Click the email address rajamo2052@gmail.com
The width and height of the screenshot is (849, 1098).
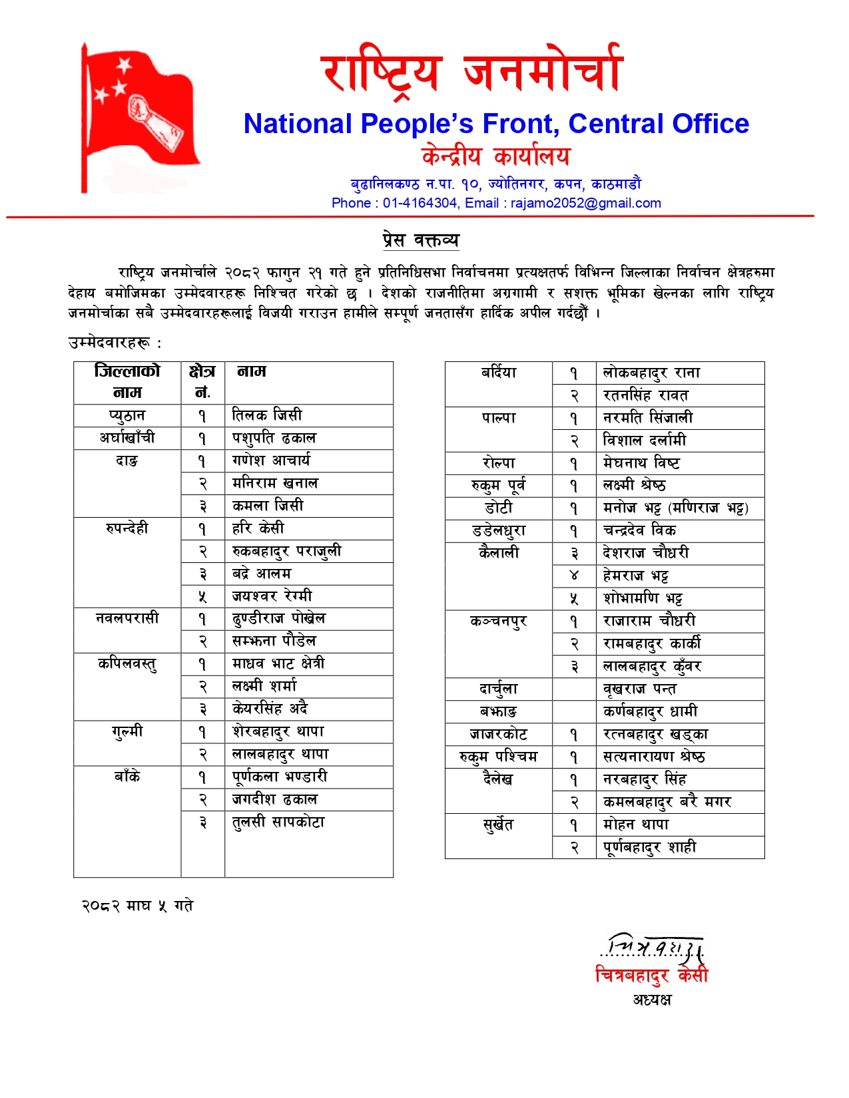(x=585, y=203)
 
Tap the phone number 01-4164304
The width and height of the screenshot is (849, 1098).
(x=420, y=203)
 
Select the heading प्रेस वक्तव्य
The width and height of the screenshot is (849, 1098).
(x=421, y=240)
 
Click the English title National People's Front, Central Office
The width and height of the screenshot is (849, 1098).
(x=496, y=124)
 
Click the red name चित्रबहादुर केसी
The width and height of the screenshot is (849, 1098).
(x=651, y=975)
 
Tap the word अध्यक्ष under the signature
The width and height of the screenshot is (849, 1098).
(x=652, y=1000)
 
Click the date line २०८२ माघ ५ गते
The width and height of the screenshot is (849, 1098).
(x=137, y=906)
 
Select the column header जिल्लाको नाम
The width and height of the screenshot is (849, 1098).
(x=127, y=381)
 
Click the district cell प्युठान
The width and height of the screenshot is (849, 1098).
(x=127, y=415)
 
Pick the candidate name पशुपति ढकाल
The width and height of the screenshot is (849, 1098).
(x=274, y=438)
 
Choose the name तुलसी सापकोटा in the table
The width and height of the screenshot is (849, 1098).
(x=278, y=823)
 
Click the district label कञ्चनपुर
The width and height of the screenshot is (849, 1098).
(x=498, y=621)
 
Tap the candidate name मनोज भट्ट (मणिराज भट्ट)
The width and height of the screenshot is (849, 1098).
(x=675, y=508)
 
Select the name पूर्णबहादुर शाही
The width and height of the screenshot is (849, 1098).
(x=649, y=847)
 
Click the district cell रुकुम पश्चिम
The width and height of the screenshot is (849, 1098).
(x=498, y=757)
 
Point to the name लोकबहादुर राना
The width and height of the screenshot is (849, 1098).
(x=651, y=373)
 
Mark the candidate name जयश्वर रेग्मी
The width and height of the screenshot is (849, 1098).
(x=272, y=596)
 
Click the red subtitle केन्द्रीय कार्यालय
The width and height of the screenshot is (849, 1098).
(x=496, y=156)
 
